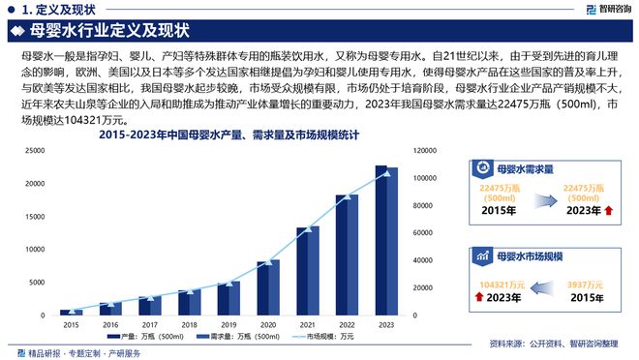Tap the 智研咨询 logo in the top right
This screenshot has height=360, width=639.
599,10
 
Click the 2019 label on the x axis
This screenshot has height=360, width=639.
228,324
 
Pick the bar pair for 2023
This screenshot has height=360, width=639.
386,242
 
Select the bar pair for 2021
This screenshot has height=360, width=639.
308,271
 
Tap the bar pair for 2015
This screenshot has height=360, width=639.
72,312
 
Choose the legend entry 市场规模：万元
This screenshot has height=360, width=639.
324,338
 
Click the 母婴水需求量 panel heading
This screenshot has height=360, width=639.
529,167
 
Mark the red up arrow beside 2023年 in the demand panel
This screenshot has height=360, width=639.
608,210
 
